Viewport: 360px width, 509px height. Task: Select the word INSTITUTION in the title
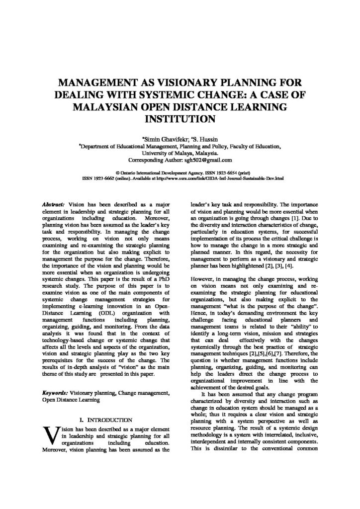pos(180,119)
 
